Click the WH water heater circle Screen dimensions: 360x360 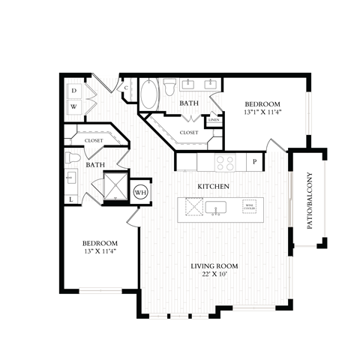[140, 192]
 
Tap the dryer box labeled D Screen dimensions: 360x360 [73, 91]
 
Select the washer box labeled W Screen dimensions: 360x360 [73, 106]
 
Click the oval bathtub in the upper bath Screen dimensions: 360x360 [150, 96]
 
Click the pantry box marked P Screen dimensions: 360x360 [254, 161]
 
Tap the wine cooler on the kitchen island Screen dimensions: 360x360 [247, 206]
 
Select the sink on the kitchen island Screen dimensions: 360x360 [218, 207]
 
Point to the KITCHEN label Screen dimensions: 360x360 [213, 185]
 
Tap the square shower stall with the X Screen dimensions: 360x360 [116, 185]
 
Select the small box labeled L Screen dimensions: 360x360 [71, 199]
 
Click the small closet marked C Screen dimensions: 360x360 [127, 87]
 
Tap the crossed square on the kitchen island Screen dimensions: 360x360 [193, 206]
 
